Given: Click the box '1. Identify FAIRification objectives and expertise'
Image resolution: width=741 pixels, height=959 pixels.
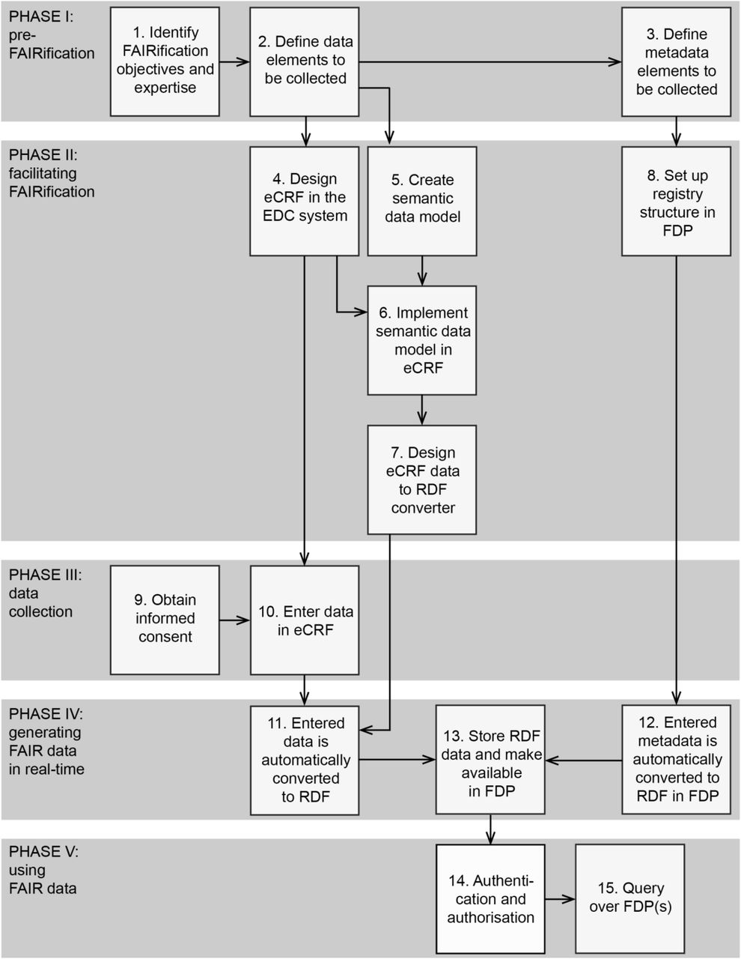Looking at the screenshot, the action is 165,61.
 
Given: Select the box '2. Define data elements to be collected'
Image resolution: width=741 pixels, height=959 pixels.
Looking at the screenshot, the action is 304,61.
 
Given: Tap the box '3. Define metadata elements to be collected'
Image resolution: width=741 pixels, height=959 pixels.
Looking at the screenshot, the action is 676,61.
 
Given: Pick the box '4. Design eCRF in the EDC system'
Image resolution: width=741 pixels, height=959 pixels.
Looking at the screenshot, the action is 304,202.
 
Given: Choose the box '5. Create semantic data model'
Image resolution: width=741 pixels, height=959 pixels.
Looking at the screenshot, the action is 422,202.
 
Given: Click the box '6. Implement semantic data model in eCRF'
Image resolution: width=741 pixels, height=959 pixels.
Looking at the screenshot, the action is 422,340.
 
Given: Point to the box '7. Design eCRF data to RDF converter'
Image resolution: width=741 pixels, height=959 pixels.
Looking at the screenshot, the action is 422,479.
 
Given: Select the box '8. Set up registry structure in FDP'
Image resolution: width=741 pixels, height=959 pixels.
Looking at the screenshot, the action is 676,202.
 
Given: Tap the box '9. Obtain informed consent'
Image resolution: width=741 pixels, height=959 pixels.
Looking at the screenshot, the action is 165,620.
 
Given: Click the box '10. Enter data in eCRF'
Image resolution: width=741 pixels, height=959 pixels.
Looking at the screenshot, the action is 305,620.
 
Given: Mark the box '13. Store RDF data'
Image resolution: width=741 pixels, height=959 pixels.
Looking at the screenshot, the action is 490,760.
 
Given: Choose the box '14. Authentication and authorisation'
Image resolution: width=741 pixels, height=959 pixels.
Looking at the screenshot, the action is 490,899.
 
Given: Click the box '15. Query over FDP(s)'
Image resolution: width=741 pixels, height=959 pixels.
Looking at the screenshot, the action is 630,899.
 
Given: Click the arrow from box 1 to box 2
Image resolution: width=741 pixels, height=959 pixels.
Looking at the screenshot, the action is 234,61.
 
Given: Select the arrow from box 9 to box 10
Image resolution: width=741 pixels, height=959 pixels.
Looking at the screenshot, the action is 234,620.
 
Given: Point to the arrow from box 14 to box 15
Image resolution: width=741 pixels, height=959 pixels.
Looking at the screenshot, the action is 561,899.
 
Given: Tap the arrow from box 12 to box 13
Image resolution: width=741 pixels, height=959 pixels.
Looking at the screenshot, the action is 583,760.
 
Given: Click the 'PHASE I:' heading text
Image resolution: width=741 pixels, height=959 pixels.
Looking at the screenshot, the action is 41,16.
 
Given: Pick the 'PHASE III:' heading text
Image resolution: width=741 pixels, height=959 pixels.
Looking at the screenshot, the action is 45,575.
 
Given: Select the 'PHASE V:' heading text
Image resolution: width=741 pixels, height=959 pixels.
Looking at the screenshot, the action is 43,851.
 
